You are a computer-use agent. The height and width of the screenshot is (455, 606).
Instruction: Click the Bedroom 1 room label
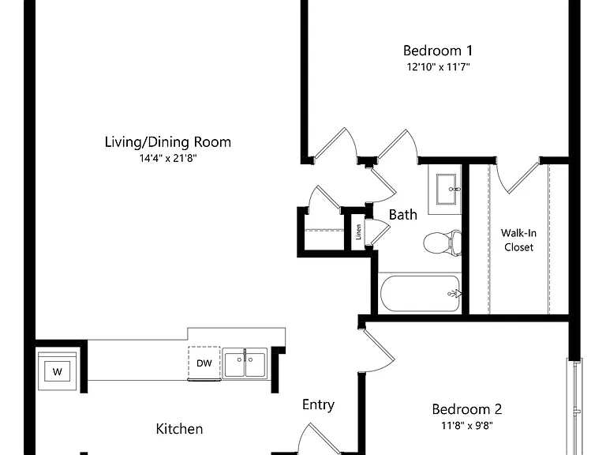click(437, 51)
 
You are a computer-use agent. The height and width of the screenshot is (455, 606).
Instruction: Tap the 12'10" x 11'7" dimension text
click(438, 67)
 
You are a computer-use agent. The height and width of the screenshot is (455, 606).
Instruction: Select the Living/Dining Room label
click(168, 142)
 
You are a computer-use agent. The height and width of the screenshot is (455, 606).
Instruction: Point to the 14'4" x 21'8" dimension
click(168, 158)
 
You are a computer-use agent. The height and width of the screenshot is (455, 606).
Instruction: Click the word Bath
click(402, 215)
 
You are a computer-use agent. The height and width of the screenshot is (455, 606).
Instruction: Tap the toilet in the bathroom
click(443, 243)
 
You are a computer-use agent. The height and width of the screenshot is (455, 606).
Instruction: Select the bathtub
click(420, 293)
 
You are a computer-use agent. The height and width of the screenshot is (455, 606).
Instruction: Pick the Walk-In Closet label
click(518, 240)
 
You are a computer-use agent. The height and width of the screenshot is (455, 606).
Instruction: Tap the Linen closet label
click(359, 232)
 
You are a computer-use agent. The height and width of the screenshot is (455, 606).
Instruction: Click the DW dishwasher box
click(204, 363)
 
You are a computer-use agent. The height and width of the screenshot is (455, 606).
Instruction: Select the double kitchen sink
click(245, 363)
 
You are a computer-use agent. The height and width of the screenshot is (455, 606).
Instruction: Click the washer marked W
click(57, 370)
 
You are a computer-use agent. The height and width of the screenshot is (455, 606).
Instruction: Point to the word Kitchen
click(179, 429)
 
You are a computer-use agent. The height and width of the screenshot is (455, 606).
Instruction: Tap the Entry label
click(319, 405)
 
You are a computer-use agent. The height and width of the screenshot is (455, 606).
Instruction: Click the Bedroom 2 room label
click(467, 409)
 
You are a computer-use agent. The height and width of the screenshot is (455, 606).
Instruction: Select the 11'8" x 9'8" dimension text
click(467, 426)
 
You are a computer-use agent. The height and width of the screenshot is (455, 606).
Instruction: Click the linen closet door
click(380, 233)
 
